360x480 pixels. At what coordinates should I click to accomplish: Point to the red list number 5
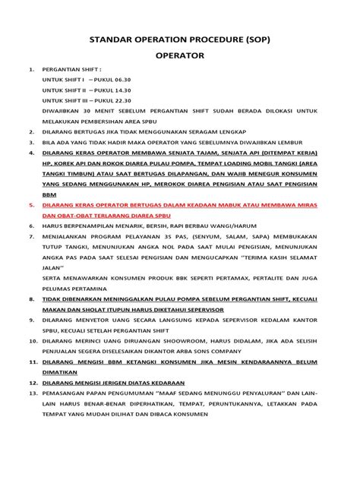tap(30, 205)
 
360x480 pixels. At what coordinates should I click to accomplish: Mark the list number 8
tap(30, 300)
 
